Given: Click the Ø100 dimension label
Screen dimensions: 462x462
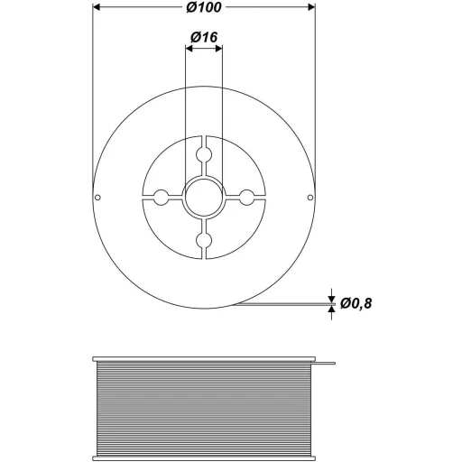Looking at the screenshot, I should (x=204, y=8).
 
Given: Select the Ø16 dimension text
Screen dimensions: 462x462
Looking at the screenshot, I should (x=204, y=38).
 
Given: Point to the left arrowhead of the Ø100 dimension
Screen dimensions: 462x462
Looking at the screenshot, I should (x=99, y=8).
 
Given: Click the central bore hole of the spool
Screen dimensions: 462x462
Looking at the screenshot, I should (x=204, y=197).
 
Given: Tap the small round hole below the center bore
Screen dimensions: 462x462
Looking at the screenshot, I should (x=204, y=240).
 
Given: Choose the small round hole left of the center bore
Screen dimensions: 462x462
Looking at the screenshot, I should (x=161, y=197).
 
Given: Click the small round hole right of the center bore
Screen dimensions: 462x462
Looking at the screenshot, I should (x=247, y=197).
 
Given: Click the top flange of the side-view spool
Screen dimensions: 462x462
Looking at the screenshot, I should (x=204, y=358).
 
